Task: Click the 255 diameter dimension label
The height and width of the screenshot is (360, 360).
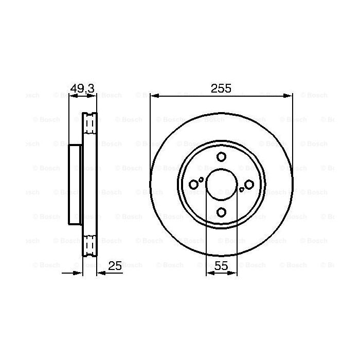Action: [x=221, y=88]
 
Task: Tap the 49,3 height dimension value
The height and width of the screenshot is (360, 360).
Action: [x=83, y=88]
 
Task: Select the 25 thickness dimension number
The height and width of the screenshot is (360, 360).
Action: [x=115, y=266]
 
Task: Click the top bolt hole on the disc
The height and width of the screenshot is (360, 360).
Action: [x=221, y=157]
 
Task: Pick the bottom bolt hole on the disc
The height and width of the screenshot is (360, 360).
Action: [x=221, y=212]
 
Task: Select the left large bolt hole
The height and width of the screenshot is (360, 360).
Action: [x=194, y=184]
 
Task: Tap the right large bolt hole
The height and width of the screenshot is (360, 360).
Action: [x=249, y=184]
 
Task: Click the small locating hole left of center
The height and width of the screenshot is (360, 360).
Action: [x=201, y=179]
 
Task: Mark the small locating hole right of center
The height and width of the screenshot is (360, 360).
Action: [x=242, y=189]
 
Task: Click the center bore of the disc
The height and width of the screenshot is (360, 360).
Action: [x=221, y=184]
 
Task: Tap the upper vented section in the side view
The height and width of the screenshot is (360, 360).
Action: [x=90, y=124]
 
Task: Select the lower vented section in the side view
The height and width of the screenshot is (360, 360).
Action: [x=90, y=245]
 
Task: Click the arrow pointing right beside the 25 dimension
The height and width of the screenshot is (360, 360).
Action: [x=78, y=273]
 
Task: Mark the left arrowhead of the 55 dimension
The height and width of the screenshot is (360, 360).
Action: [x=209, y=273]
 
